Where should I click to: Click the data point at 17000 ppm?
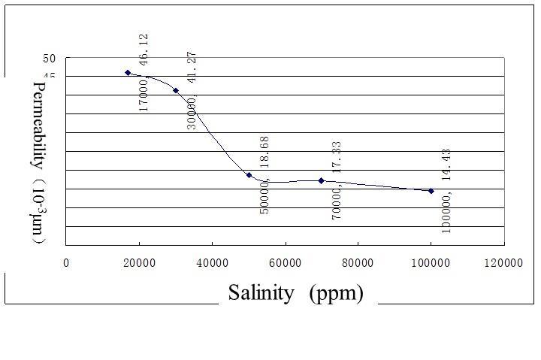pos(128,73)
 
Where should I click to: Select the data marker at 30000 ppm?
pos(176,90)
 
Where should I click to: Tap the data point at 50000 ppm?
pos(249,175)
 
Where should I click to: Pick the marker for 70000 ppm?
pos(322,180)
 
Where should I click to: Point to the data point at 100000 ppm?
pos(431,191)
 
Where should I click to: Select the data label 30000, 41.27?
pos(192,90)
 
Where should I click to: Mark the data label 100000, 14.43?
pos(447,191)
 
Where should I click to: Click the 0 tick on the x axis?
pos(66,263)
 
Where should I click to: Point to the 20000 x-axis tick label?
pos(139,263)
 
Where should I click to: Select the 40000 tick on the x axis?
pos(212,263)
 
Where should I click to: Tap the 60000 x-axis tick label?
pos(285,263)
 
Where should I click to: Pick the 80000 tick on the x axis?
pos(358,263)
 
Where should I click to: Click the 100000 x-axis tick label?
pos(431,263)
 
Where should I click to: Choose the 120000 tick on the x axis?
pos(503,263)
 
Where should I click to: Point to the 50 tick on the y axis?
pos(50,59)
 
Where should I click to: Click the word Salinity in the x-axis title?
pos(261,292)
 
